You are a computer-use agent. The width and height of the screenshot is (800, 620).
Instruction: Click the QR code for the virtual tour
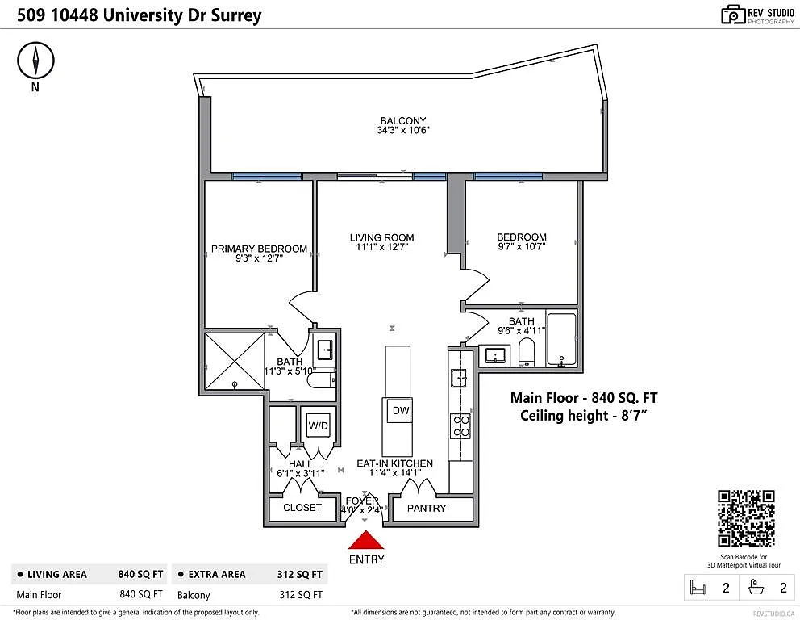click(x=746, y=518)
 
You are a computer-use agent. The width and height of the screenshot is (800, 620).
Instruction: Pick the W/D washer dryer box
click(x=315, y=425)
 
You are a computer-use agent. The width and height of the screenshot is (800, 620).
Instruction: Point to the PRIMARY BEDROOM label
click(x=259, y=249)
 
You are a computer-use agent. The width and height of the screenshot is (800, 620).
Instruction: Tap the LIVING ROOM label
click(x=381, y=238)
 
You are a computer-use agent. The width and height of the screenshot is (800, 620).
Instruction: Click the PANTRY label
click(x=426, y=508)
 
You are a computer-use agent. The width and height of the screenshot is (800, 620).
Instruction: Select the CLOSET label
click(x=302, y=508)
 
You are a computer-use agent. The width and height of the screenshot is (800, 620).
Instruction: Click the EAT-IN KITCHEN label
click(x=395, y=463)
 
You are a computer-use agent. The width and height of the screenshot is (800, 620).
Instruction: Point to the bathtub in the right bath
click(x=561, y=338)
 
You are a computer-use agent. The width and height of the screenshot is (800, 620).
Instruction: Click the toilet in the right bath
click(x=527, y=353)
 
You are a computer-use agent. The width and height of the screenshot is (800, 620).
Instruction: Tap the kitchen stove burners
click(x=460, y=425)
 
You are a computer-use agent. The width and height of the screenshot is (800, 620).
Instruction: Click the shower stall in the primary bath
click(x=234, y=364)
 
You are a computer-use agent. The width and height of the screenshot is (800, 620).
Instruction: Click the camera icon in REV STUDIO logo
click(x=732, y=15)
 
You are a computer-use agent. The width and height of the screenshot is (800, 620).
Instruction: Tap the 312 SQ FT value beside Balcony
click(x=301, y=595)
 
